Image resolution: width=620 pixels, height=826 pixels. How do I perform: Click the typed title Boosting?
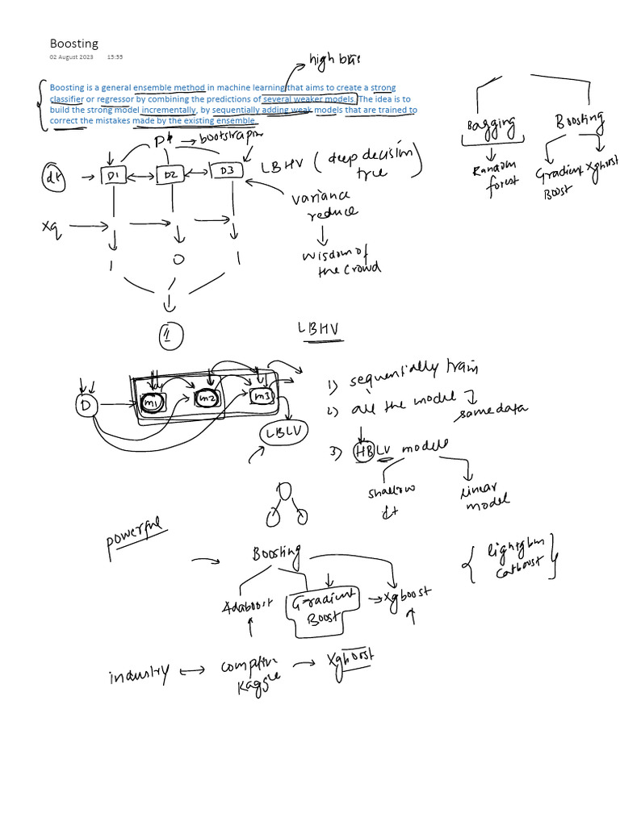[73, 44]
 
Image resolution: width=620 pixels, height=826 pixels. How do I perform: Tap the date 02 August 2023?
[71, 57]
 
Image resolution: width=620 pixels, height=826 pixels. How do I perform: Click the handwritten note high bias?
[334, 59]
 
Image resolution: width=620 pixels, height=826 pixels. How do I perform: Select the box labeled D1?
[111, 175]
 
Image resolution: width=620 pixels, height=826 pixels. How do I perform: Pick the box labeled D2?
[170, 174]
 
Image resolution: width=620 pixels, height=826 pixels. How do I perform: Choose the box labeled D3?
[226, 170]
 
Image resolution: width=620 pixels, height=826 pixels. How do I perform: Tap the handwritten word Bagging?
[492, 127]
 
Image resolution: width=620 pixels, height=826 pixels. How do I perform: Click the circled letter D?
[85, 405]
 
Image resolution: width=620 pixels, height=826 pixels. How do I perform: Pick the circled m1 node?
[151, 401]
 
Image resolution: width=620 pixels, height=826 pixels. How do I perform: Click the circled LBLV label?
[285, 432]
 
